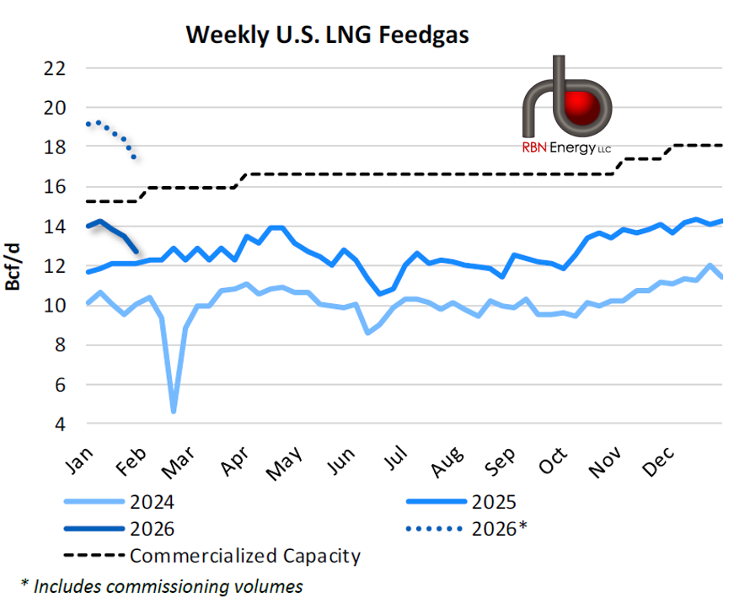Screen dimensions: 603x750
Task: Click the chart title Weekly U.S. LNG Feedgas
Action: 327,35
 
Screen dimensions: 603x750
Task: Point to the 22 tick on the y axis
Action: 54,68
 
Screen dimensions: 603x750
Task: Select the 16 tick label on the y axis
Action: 54,187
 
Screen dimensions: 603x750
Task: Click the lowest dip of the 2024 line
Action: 174,411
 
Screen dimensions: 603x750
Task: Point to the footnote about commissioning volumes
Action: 161,585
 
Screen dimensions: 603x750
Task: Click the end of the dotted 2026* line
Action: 134,157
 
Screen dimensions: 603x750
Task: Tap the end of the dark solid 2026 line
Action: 137,251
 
